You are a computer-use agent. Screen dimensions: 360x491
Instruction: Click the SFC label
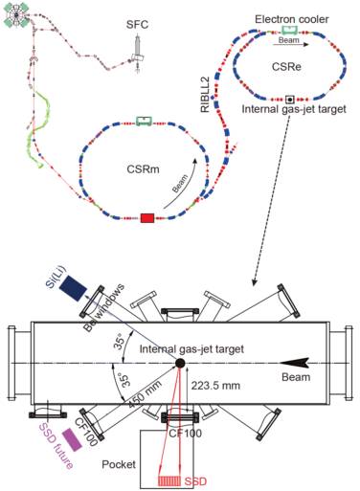(x=137, y=25)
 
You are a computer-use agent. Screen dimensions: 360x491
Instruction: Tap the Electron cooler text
(x=292, y=19)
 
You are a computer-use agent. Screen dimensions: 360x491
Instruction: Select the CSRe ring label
(x=286, y=67)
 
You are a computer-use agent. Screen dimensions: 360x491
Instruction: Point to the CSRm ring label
(x=143, y=169)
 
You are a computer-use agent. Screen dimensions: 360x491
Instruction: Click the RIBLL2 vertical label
(x=205, y=95)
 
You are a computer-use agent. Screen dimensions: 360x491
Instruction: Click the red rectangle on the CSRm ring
(x=147, y=218)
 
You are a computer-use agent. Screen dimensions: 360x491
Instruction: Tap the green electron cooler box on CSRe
(x=290, y=30)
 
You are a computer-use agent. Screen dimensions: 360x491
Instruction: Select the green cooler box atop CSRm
(x=145, y=121)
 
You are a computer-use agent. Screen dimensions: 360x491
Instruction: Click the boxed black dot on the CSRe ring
(x=290, y=100)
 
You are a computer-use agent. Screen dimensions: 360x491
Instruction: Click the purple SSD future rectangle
(x=72, y=439)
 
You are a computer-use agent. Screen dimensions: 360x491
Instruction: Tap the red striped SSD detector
(x=169, y=480)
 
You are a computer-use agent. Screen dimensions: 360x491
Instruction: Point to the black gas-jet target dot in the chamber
(x=180, y=363)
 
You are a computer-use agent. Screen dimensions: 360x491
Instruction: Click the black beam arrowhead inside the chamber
(x=294, y=363)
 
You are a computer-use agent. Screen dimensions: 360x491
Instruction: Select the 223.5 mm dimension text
(x=215, y=386)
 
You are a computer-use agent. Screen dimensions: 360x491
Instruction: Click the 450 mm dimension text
(x=146, y=394)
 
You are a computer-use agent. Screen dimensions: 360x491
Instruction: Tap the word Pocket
(x=119, y=464)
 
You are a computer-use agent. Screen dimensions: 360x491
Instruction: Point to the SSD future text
(x=56, y=446)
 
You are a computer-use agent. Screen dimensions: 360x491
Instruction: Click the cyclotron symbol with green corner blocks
(x=16, y=15)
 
